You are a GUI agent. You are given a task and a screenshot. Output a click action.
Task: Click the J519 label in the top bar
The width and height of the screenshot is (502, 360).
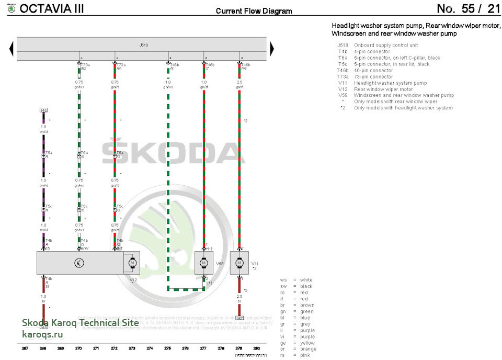pyautogui.click(x=144, y=46)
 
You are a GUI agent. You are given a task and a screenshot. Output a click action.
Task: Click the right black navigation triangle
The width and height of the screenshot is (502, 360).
pyautogui.click(x=271, y=49)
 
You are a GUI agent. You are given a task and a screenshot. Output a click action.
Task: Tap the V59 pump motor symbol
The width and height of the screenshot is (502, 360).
pyautogui.click(x=204, y=263)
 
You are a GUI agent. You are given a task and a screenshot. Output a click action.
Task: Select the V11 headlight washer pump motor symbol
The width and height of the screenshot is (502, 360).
pyautogui.click(x=239, y=263)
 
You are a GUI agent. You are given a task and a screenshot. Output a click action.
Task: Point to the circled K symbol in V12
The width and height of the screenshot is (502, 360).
pyautogui.click(x=79, y=263)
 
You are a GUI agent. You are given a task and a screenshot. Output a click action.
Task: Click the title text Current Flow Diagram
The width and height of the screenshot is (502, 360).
pyautogui.click(x=254, y=11)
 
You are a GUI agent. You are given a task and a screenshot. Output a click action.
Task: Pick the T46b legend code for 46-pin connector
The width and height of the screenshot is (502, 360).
pyautogui.click(x=343, y=71)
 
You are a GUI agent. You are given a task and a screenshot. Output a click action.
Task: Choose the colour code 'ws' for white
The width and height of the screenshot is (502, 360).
pyautogui.click(x=283, y=280)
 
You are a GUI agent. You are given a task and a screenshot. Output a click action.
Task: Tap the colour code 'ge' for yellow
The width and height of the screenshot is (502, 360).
pyautogui.click(x=283, y=343)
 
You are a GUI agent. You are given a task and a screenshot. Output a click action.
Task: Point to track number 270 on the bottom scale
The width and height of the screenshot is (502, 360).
pyautogui.click(x=78, y=347)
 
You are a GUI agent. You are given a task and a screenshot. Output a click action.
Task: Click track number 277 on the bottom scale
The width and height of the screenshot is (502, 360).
pyautogui.click(x=203, y=347)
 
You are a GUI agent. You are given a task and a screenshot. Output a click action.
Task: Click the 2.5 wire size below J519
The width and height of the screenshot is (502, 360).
pyautogui.click(x=239, y=82)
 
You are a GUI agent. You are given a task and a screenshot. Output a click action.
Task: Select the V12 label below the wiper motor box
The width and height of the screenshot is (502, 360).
pyautogui.click(x=133, y=280)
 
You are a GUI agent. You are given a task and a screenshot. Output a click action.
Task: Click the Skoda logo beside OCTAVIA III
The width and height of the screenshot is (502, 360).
pyautogui.click(x=10, y=9)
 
